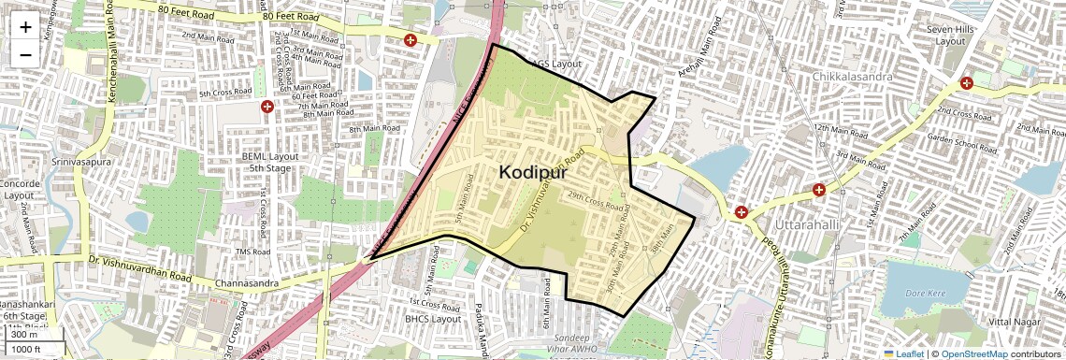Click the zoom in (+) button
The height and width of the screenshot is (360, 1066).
(x=25, y=27)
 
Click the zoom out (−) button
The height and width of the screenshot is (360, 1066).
(x=25, y=54)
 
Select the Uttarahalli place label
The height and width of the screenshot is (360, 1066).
(x=810, y=225)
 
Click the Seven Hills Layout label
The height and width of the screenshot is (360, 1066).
(x=951, y=36)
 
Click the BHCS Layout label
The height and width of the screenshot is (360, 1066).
(x=433, y=319)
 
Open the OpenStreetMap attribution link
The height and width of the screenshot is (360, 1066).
(x=973, y=353)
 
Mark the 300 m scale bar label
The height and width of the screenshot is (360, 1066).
(x=24, y=335)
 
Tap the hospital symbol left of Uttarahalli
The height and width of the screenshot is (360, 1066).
(x=742, y=212)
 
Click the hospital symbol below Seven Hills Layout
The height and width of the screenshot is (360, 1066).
(x=966, y=82)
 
